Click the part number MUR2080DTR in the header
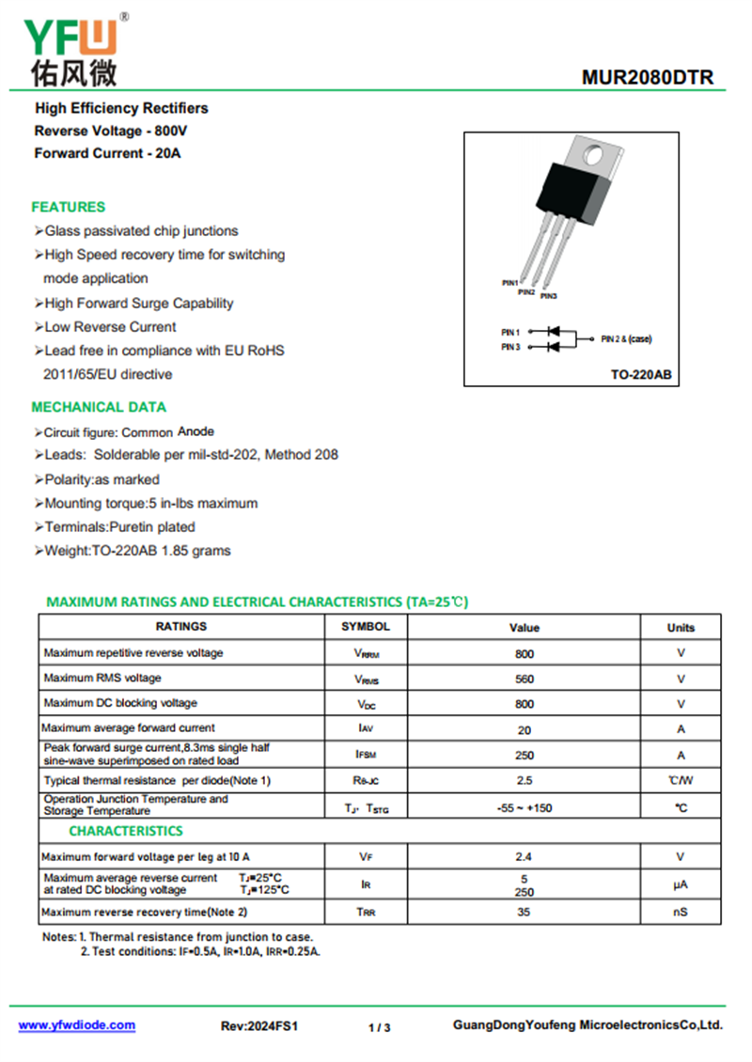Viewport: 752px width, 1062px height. pos(648,78)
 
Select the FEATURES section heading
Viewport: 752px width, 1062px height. pos(69,207)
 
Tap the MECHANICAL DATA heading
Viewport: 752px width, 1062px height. pos(99,407)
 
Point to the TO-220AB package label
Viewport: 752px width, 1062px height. pos(641,374)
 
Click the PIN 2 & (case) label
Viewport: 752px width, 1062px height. pos(626,338)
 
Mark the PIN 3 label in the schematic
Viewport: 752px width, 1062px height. pos(510,348)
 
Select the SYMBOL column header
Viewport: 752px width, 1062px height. pos(366,626)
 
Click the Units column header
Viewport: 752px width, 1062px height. pos(681,627)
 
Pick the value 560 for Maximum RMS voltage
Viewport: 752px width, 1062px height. pos(525,679)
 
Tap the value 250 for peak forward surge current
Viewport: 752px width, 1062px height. pos(525,755)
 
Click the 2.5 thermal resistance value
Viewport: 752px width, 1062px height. pos(525,780)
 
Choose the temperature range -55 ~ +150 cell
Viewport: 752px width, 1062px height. pos(525,807)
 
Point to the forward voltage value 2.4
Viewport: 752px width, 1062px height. pos(525,857)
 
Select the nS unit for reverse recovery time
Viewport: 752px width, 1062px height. pos(681,912)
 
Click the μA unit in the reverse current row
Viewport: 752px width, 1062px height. pos(681,884)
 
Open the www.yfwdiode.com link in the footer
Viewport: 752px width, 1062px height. pos(77,1025)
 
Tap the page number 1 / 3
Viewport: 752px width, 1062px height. pos(379,1027)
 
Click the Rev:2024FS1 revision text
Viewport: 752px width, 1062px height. pos(259,1026)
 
